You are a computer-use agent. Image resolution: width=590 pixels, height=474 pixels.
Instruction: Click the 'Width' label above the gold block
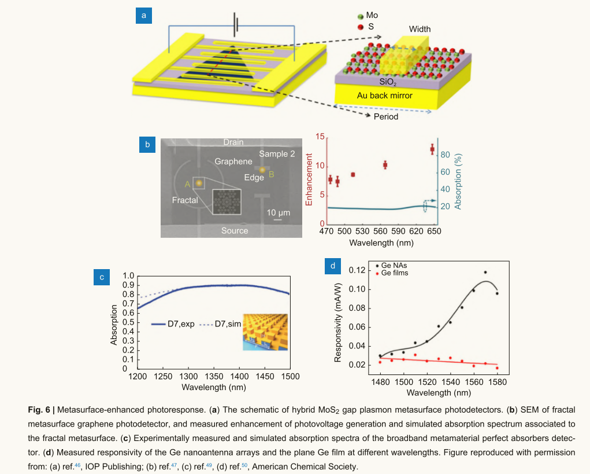[x=420, y=29]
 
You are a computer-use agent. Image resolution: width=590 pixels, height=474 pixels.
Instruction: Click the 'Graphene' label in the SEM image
[x=233, y=162]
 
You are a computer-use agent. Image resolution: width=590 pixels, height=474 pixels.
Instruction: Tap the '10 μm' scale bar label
[x=278, y=212]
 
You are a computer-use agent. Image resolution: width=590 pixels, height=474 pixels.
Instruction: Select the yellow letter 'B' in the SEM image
[x=272, y=173]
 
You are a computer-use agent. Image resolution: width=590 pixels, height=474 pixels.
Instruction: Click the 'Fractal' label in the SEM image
[x=185, y=200]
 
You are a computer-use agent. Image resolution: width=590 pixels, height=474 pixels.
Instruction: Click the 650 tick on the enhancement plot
[x=434, y=231]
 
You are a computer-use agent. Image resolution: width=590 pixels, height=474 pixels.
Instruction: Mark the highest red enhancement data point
[x=432, y=149]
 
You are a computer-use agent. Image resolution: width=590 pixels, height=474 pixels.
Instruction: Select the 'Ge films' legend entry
[x=395, y=273]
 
